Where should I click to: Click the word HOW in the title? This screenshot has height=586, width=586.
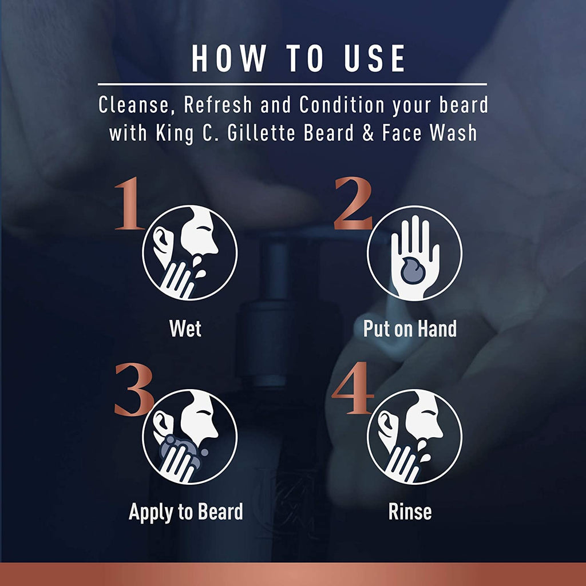[x=229, y=58]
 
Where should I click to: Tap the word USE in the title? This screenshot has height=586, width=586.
[x=375, y=58]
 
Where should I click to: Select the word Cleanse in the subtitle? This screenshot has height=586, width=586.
[x=134, y=105]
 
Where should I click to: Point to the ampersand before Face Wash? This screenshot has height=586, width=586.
[x=368, y=133]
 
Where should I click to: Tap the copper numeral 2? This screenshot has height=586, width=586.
[x=353, y=204]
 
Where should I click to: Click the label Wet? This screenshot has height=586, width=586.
[x=185, y=328]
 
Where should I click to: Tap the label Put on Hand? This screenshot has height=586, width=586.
[x=410, y=328]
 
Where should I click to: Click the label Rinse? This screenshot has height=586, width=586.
[x=410, y=512]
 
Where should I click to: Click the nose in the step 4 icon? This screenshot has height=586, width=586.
[x=439, y=433]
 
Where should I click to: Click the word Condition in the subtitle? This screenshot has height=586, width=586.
[x=342, y=105]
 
